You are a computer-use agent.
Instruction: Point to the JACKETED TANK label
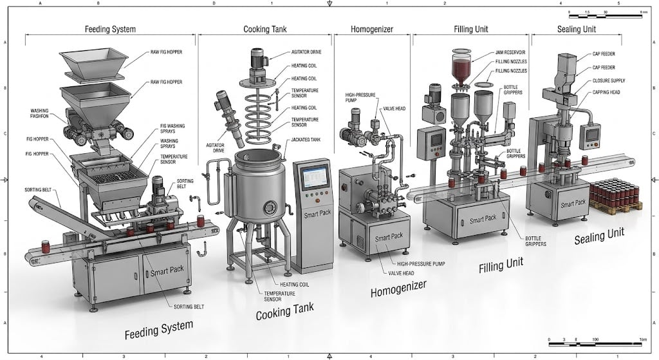point(306,139)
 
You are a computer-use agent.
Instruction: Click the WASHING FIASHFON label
point(44,114)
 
